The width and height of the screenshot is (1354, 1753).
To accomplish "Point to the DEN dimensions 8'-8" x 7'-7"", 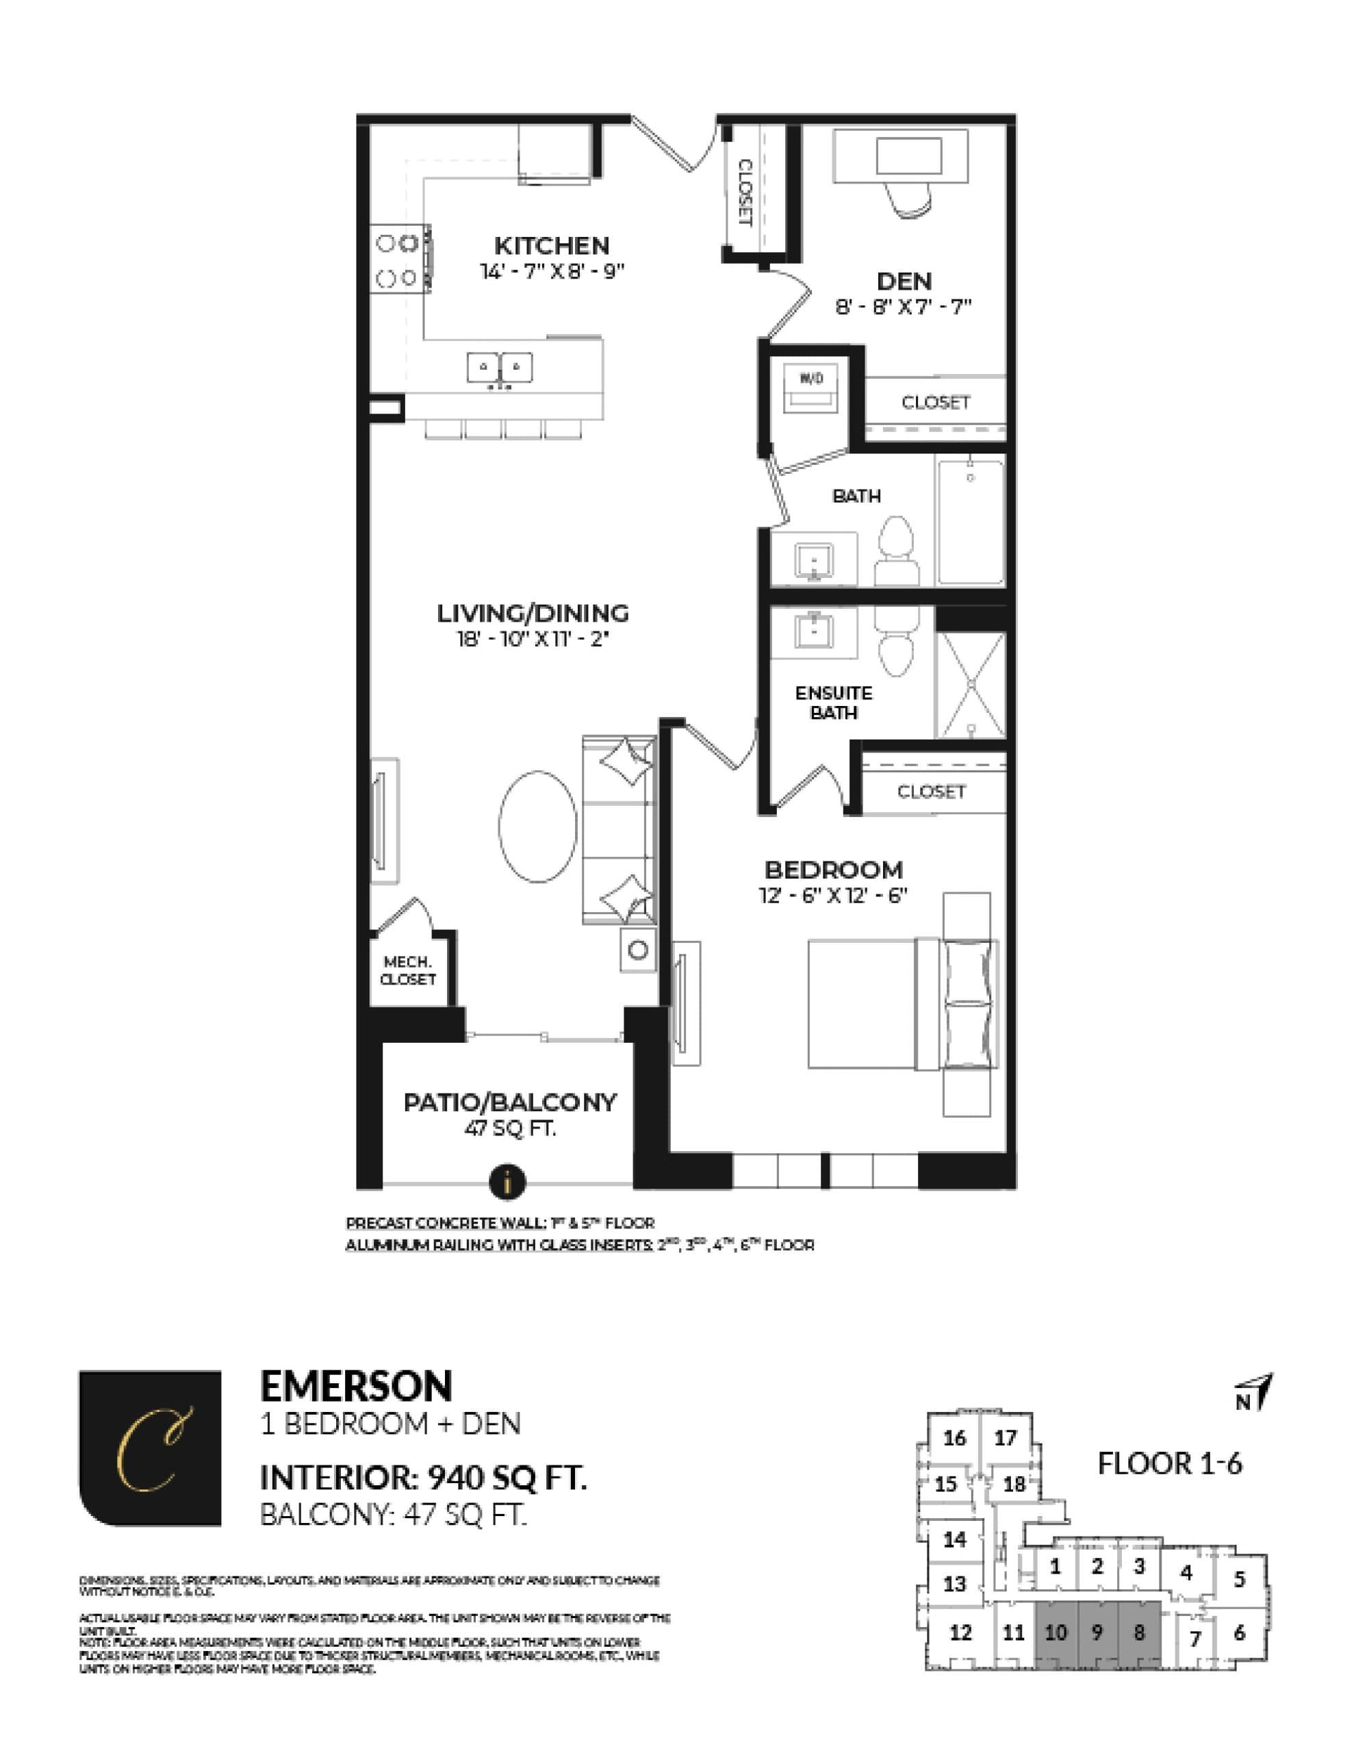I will [903, 306].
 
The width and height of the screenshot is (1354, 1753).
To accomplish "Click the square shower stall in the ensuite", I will [971, 685].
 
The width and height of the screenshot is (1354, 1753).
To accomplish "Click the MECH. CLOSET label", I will [408, 970].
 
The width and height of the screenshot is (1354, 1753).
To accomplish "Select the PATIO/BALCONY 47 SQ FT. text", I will [510, 1113].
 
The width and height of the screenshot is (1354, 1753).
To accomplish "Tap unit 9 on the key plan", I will [1097, 1632].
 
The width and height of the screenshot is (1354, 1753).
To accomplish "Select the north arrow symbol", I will [1255, 1393].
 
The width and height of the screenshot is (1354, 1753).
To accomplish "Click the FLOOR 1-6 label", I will [1168, 1463].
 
